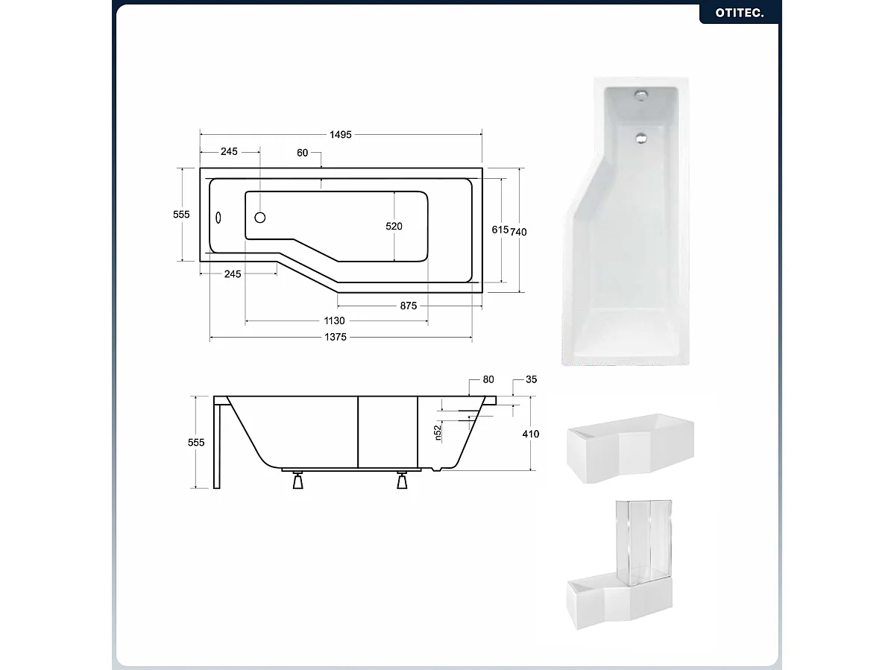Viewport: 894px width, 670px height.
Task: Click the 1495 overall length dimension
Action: pyautogui.click(x=341, y=134)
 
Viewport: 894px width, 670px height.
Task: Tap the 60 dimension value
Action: pyautogui.click(x=302, y=153)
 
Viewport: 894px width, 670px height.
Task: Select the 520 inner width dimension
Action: pyautogui.click(x=394, y=227)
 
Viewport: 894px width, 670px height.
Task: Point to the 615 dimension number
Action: pyautogui.click(x=500, y=230)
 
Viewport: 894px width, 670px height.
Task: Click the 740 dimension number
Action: pyautogui.click(x=519, y=232)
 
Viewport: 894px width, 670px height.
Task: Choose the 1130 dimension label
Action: pyautogui.click(x=334, y=321)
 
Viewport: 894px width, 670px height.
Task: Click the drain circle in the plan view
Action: pyautogui.click(x=260, y=218)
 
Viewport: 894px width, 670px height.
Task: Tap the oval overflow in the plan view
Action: pyautogui.click(x=219, y=218)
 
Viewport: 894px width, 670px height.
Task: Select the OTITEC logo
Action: pyautogui.click(x=740, y=13)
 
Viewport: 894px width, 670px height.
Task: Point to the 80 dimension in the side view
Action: pyautogui.click(x=488, y=379)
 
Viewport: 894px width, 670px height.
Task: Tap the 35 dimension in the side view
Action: pyautogui.click(x=531, y=379)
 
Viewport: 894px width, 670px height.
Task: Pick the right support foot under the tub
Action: pyautogui.click(x=403, y=481)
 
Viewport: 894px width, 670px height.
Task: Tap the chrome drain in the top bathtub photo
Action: pyautogui.click(x=640, y=136)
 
